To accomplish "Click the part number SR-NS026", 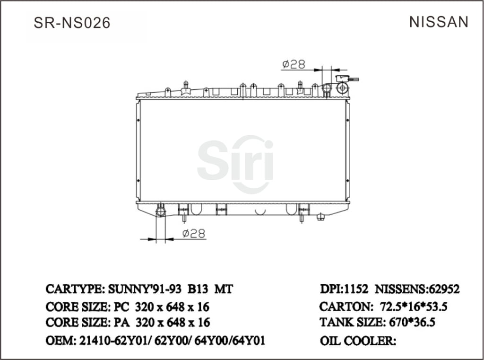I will [72, 23].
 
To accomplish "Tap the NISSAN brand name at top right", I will [439, 22].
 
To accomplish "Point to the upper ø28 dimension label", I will [294, 64].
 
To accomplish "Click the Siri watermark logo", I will [235, 163].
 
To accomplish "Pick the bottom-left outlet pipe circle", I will [161, 211].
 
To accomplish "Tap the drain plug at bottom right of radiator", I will [321, 217].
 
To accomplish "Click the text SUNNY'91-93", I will [145, 289].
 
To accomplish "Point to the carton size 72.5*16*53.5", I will [414, 307].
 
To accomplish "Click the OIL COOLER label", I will [357, 341].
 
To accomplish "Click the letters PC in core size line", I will [121, 307].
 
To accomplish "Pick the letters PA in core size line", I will [121, 323].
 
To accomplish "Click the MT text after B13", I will [224, 289].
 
